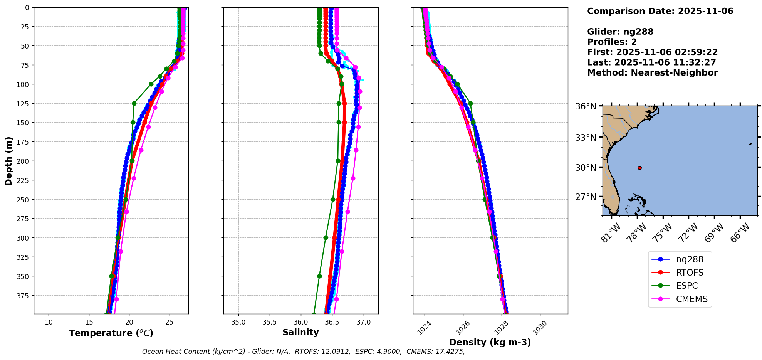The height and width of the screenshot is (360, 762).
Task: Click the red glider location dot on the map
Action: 639,168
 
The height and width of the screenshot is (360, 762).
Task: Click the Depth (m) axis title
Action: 8,161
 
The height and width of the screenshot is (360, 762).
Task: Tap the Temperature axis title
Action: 111,333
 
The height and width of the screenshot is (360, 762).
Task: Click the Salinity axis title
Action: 300,333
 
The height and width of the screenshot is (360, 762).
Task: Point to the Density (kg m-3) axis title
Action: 490,342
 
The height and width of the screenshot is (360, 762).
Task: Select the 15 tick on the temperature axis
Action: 89,322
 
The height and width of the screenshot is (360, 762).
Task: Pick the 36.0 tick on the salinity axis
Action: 301,322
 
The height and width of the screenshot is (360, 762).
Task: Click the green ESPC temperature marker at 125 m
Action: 134,103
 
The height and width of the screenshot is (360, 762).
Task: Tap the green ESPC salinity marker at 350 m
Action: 319,276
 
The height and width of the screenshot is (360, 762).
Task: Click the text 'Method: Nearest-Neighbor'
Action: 652,73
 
